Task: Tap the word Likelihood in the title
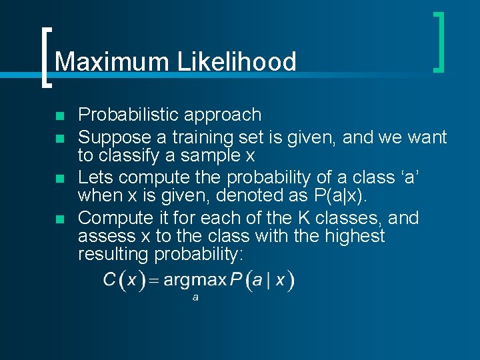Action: pyautogui.click(x=236, y=62)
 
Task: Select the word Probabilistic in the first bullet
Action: pyautogui.click(x=128, y=115)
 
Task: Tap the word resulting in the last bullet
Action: pyautogui.click(x=113, y=254)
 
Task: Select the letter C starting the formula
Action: pyautogui.click(x=110, y=281)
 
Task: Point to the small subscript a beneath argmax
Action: pyautogui.click(x=195, y=297)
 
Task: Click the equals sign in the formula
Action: pyautogui.click(x=153, y=281)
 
